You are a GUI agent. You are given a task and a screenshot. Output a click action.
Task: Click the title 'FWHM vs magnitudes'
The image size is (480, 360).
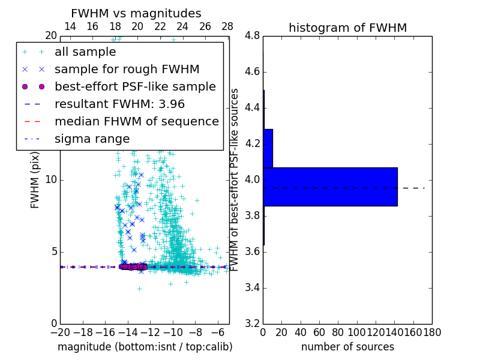pos(136,13)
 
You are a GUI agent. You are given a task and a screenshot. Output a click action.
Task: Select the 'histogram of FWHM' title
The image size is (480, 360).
pos(347,28)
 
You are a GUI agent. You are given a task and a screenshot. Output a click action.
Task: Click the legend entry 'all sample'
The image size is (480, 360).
pos(85,52)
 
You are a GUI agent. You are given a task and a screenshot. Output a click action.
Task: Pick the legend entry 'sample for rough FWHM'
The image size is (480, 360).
pos(127,70)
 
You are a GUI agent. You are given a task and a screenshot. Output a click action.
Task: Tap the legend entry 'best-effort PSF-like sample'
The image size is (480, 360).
pos(135,86)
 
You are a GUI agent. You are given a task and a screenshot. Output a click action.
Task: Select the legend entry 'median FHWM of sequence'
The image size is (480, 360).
pos(136,121)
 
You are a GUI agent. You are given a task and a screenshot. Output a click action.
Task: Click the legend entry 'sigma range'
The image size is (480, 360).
pos(92,139)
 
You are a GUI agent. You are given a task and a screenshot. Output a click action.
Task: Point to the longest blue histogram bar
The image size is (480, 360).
pos(330,187)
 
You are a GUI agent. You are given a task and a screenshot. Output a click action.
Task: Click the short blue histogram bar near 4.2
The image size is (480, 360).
pos(268,148)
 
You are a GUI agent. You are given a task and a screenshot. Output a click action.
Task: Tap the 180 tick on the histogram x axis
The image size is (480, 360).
pos(432,331)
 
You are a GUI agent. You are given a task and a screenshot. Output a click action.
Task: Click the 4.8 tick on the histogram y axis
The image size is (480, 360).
pos(252,36)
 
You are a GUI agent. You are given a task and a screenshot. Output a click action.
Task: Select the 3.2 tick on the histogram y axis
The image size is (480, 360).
pos(252,323)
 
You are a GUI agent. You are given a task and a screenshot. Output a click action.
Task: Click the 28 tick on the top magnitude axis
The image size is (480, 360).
pos(227,27)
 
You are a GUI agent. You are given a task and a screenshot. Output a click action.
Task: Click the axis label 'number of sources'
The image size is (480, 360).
pos(347,347)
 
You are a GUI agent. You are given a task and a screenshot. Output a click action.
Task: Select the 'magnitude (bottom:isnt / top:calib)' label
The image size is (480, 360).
pos(145,347)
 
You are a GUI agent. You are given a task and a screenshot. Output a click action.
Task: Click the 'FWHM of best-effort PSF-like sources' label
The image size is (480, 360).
pos(235,179)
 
